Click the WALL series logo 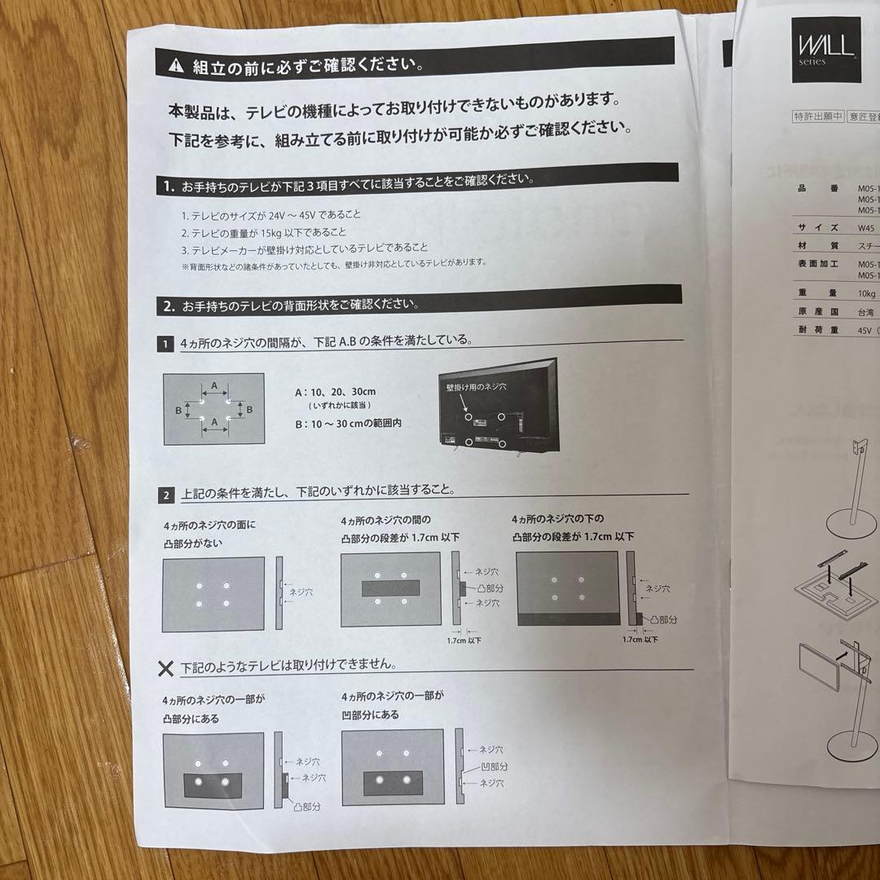point(825,51)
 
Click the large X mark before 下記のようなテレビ point(165,668)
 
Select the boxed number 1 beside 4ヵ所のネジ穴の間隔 point(165,344)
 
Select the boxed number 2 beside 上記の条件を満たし point(166,495)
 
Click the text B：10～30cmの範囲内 point(348,424)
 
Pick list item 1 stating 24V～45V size point(259,216)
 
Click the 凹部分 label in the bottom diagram point(493,767)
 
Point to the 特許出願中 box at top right point(818,116)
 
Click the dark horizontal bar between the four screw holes point(390,588)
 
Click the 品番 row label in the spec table point(812,188)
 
